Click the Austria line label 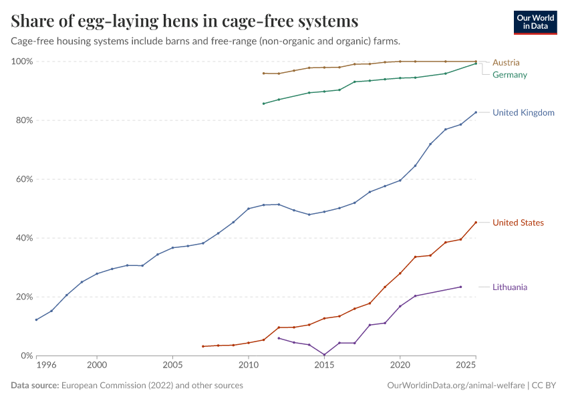pyautogui.click(x=505, y=63)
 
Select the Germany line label pyautogui.click(x=509, y=75)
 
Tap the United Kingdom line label pyautogui.click(x=523, y=113)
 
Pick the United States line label pyautogui.click(x=518, y=223)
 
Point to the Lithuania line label pyautogui.click(x=509, y=287)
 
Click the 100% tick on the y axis pyautogui.click(x=22, y=61)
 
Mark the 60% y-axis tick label pyautogui.click(x=24, y=179)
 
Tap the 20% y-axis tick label pyautogui.click(x=24, y=297)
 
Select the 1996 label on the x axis pyautogui.click(x=47, y=366)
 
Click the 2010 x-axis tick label pyautogui.click(x=249, y=366)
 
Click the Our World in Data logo pyautogui.click(x=535, y=22)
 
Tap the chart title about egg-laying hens pyautogui.click(x=184, y=21)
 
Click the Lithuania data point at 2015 pyautogui.click(x=324, y=355)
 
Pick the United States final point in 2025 pyautogui.click(x=476, y=223)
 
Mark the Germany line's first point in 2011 pyautogui.click(x=263, y=104)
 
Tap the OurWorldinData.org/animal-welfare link pyautogui.click(x=456, y=386)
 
